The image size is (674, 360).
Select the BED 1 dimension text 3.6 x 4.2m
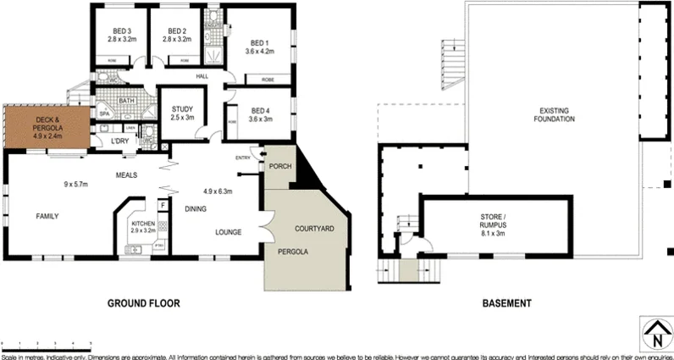pyautogui.click(x=259, y=52)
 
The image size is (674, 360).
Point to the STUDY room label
pyautogui.click(x=182, y=109)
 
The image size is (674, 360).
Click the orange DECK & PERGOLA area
pyautogui.click(x=47, y=126)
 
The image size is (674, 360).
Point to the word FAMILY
pyautogui.click(x=47, y=217)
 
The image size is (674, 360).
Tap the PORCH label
pyautogui.click(x=279, y=166)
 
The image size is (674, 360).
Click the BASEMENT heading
pyautogui.click(x=506, y=302)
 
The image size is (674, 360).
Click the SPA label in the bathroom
pyautogui.click(x=105, y=113)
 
